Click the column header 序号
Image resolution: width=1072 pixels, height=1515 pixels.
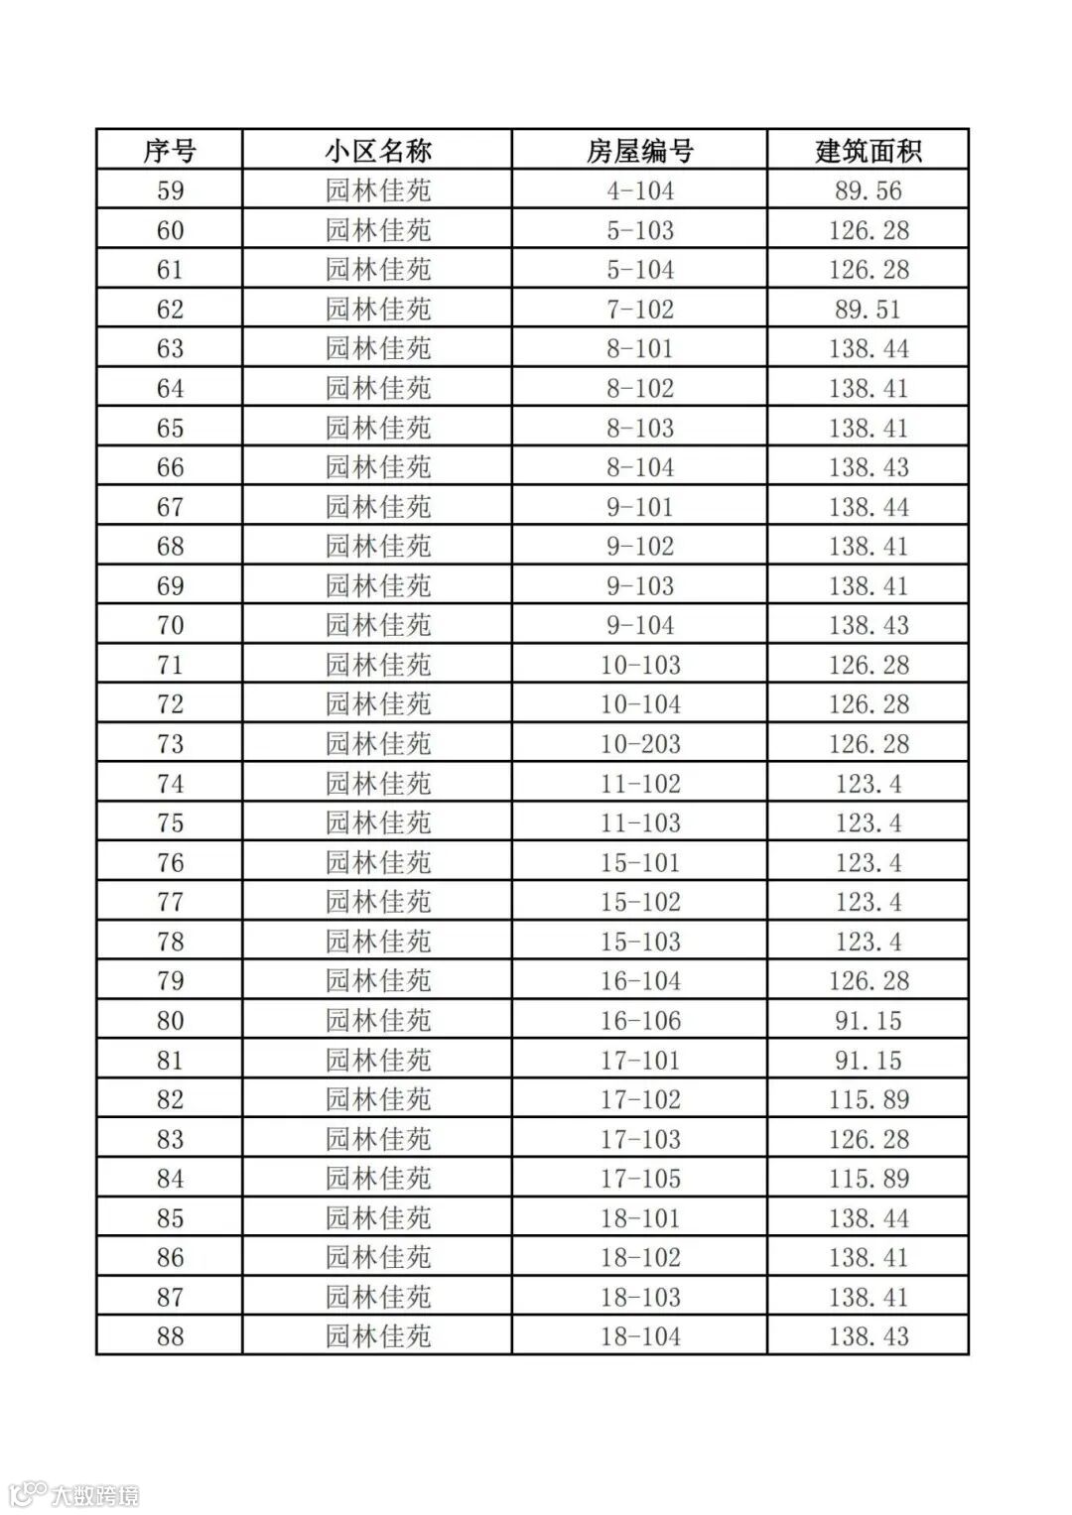[170, 151]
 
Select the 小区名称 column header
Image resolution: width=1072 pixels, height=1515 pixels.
[377, 151]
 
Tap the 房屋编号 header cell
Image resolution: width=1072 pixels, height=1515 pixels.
[640, 151]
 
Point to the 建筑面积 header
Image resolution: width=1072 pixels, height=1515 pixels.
[869, 151]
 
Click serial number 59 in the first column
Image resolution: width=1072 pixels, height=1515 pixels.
[170, 190]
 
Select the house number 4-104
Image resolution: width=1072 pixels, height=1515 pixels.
[640, 190]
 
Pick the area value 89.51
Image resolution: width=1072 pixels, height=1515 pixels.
[869, 310]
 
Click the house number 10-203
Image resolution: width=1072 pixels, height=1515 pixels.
[640, 744]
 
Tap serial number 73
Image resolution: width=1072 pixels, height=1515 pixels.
[170, 744]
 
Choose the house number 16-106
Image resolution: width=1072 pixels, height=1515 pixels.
[640, 1021]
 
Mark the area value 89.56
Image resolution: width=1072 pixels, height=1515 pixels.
[869, 190]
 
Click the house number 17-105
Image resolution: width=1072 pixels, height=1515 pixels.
[640, 1179]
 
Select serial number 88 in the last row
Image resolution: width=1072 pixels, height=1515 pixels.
[170, 1336]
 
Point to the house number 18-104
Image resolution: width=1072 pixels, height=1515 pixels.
[640, 1336]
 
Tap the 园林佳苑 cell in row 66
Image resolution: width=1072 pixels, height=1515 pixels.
[377, 467]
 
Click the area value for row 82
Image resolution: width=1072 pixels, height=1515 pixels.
[869, 1099]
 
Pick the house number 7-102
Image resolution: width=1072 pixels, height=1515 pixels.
[640, 310]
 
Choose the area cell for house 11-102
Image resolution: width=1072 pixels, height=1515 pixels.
[869, 784]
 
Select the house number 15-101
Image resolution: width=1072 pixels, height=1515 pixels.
[640, 862]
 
